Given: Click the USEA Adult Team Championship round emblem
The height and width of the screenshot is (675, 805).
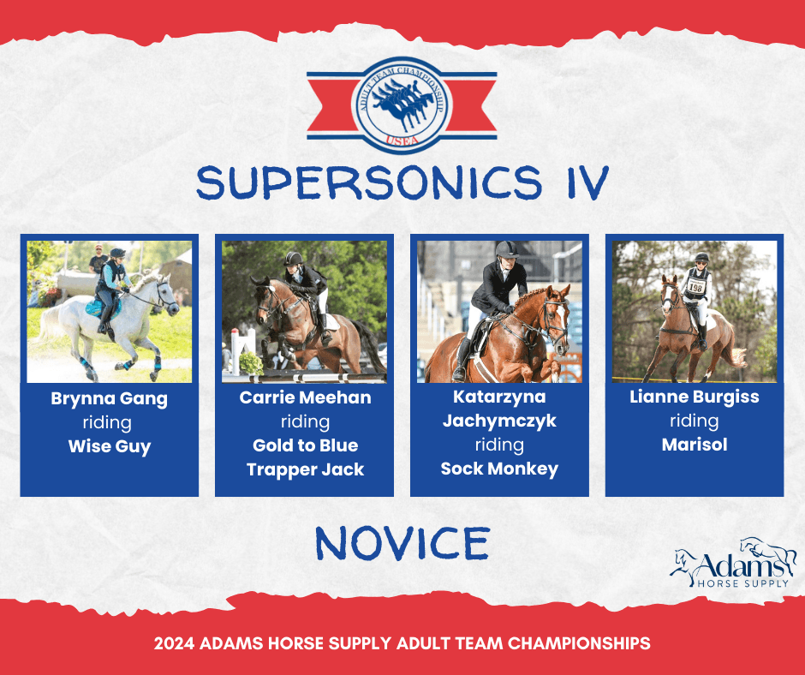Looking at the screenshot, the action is coord(402,105).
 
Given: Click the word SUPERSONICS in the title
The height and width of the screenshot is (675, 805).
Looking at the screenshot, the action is coord(369,182).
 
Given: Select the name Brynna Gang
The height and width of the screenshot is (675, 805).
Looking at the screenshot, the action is coord(110,399).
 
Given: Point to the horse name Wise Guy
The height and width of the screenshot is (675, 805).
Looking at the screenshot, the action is coord(110,446).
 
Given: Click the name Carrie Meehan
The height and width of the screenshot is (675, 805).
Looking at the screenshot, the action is coord(305,397).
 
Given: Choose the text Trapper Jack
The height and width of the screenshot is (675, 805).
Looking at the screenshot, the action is coord(305,469).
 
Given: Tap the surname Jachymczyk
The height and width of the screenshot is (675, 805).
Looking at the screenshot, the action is coord(499,421).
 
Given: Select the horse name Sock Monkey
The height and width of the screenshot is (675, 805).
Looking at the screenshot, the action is coord(499,469).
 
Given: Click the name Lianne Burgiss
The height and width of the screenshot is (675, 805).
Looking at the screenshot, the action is coord(695,397).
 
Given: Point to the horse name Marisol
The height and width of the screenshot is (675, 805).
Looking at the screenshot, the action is coord(695,445).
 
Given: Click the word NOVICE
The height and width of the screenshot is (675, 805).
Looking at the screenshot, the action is coord(402,543).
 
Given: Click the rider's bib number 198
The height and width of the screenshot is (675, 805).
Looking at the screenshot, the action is coord(695,287).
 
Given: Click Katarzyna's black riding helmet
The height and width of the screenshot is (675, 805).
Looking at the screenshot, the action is coord(506,249).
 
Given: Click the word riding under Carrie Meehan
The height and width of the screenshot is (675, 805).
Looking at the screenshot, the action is coord(305,421).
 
